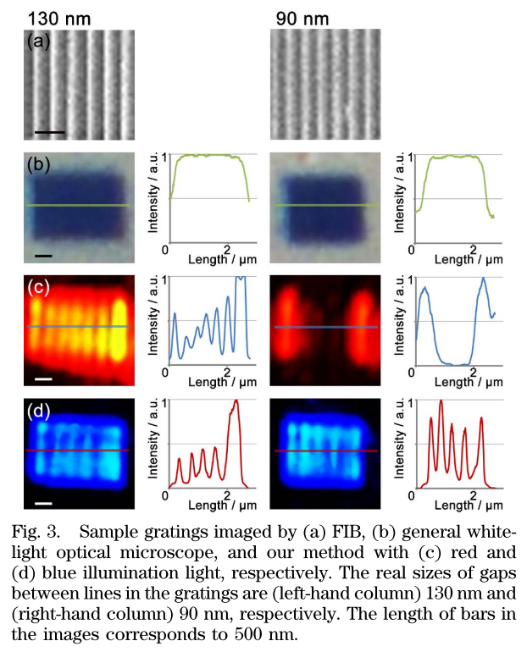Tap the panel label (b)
click(x=38, y=163)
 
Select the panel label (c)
click(x=38, y=286)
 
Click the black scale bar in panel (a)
click(x=50, y=131)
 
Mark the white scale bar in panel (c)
click(x=44, y=378)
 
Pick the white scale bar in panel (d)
click(x=44, y=502)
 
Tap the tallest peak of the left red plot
click(x=236, y=401)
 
